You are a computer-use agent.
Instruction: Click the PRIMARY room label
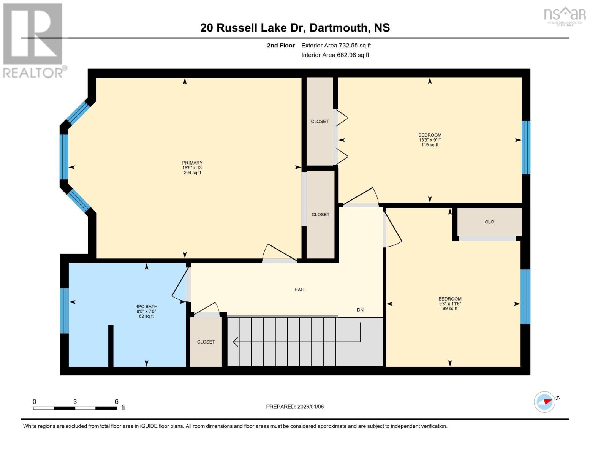(192, 163)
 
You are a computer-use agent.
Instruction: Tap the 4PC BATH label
(146, 307)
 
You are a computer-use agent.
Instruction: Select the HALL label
(300, 290)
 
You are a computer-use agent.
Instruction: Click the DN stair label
(360, 310)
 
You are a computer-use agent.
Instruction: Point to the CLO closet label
(489, 222)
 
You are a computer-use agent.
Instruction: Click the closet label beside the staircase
(206, 342)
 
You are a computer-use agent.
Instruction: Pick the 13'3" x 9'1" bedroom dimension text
(430, 140)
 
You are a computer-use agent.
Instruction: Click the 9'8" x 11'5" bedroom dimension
(450, 304)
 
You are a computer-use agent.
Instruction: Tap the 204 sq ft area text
(192, 173)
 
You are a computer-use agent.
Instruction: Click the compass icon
(544, 402)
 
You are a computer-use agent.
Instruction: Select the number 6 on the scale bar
(117, 402)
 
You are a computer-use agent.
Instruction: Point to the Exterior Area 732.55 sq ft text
(336, 46)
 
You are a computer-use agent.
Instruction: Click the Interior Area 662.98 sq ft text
(335, 55)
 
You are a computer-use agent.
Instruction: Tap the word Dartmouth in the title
(338, 28)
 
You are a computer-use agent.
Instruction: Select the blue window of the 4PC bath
(65, 310)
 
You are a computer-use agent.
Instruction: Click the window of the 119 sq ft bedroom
(526, 147)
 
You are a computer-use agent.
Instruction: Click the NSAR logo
(565, 15)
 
